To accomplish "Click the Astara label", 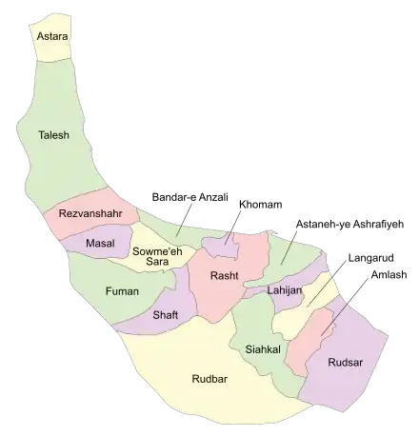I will (x=53, y=35).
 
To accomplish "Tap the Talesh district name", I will (x=53, y=135).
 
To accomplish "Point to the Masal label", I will (x=100, y=244).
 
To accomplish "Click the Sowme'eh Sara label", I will (x=152, y=256).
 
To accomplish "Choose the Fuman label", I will (x=122, y=290).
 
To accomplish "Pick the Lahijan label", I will (x=284, y=289).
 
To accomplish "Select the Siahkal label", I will (x=261, y=349).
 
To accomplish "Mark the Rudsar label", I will (x=344, y=362).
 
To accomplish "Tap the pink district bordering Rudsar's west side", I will (x=309, y=352).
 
